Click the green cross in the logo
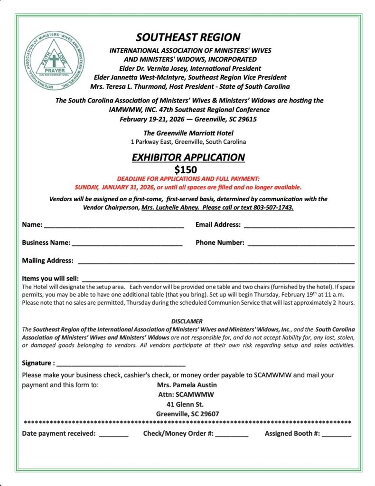pyautogui.click(x=55, y=61)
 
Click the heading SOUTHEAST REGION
pyautogui.click(x=188, y=37)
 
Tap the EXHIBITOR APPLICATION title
pyautogui.click(x=188, y=157)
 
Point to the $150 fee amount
pyautogui.click(x=186, y=169)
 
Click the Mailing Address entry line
pyautogui.click(x=216, y=262)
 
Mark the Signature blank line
pyautogui.click(x=121, y=364)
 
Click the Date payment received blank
pyautogui.click(x=113, y=434)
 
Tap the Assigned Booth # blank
pyautogui.click(x=337, y=434)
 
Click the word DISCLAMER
pyautogui.click(x=187, y=321)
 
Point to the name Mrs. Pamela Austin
pyautogui.click(x=187, y=385)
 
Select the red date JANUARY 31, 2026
pyautogui.click(x=130, y=187)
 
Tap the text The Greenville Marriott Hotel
pyautogui.click(x=188, y=133)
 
